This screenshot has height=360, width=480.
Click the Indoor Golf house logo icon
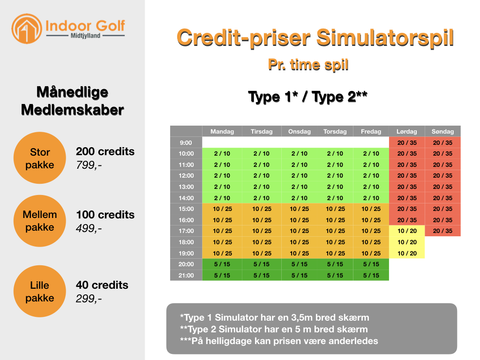tap(27, 29)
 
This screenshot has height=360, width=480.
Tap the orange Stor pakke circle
tap(40, 158)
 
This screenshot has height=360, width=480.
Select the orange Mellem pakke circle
tap(40, 221)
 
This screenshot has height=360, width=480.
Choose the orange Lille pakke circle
tap(40, 291)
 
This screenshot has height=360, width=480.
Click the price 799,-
tap(89, 165)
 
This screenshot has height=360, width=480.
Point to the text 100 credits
tap(105, 215)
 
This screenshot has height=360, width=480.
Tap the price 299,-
tap(89, 299)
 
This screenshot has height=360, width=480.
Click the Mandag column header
tap(222, 131)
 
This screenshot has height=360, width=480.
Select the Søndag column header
tap(442, 131)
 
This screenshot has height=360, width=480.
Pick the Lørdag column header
tap(407, 131)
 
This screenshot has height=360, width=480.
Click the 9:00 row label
tap(186, 142)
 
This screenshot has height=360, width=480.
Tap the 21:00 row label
tap(186, 275)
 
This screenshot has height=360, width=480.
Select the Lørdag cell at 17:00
tap(407, 231)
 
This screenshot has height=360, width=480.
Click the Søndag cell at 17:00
tap(442, 231)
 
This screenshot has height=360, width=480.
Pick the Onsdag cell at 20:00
tap(300, 264)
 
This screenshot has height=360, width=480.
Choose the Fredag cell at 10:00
tap(371, 153)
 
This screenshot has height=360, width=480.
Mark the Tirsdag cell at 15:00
tap(262, 209)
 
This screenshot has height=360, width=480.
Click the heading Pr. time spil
tap(308, 65)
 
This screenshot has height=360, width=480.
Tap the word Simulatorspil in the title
tap(385, 38)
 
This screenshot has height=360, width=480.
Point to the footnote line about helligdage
tap(279, 341)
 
